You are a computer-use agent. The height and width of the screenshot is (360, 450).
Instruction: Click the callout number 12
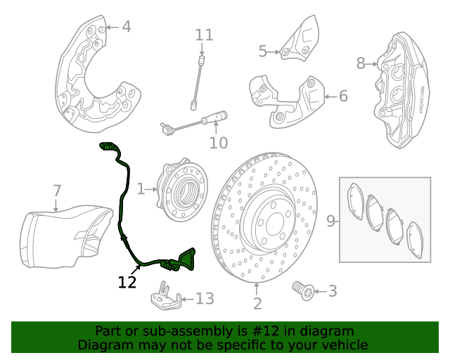click(x=127, y=282)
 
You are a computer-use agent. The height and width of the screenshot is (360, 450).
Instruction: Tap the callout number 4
click(x=126, y=27)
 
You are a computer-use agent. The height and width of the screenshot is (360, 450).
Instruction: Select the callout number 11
click(x=204, y=34)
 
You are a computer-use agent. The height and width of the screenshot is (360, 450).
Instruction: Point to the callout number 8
click(x=361, y=64)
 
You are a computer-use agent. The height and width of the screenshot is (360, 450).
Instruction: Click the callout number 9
click(x=331, y=221)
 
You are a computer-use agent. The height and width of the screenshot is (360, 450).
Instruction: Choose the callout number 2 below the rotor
click(x=257, y=303)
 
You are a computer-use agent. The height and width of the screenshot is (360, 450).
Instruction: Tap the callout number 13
click(x=204, y=299)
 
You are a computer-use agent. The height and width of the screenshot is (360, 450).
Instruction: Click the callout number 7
click(x=57, y=191)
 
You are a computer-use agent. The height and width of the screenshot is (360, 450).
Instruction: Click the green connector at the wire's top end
click(x=110, y=147)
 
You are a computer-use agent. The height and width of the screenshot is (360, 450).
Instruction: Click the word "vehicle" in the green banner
click(x=344, y=345)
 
